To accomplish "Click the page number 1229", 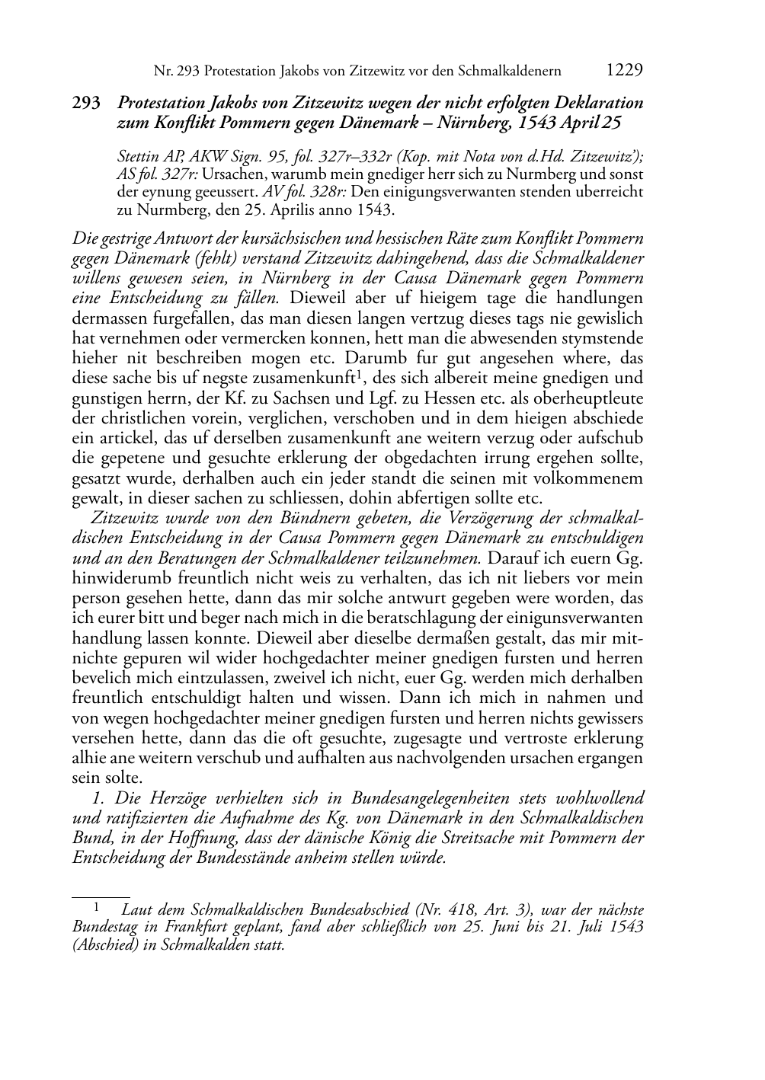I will (624, 70).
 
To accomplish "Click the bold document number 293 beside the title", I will (86, 103).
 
